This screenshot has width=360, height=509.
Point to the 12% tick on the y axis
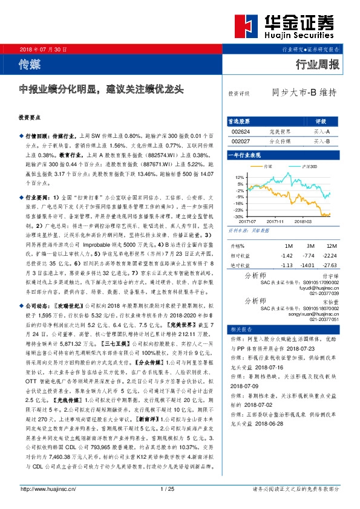point(240,177)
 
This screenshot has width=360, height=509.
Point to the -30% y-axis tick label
point(239,216)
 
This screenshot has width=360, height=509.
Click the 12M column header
point(330,247)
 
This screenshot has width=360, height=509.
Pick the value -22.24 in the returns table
point(330,256)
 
